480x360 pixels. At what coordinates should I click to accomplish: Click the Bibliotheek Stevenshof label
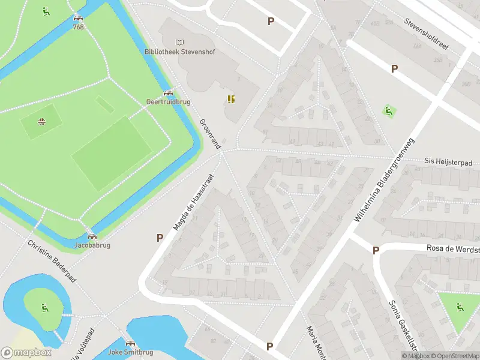click(x=179, y=52)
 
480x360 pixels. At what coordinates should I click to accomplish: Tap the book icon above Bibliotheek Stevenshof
click(x=179, y=42)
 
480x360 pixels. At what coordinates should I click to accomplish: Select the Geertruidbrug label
click(x=168, y=102)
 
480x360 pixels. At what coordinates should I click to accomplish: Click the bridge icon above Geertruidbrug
click(x=168, y=93)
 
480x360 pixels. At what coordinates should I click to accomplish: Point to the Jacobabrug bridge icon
click(x=92, y=236)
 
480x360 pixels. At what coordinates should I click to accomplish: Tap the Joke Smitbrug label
click(x=130, y=352)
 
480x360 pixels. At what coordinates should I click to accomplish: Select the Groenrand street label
click(x=210, y=134)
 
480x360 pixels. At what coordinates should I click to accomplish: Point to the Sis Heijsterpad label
click(x=449, y=161)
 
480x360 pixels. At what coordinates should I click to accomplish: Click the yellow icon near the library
click(x=230, y=99)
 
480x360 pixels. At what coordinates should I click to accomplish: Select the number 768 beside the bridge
click(x=79, y=27)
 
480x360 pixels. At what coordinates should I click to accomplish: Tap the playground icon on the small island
click(x=44, y=308)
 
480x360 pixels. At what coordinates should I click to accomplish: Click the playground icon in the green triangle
click(x=460, y=307)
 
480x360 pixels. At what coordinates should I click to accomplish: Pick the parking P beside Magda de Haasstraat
click(x=160, y=238)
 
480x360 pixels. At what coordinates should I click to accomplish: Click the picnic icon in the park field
click(x=41, y=122)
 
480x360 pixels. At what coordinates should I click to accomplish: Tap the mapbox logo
click(x=26, y=352)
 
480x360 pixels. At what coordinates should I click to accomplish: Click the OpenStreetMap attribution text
click(x=454, y=356)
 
